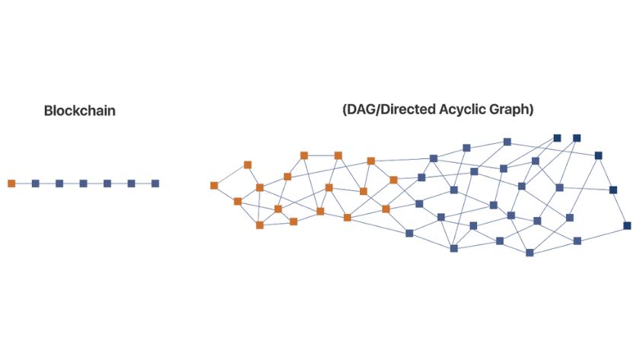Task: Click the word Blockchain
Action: pyautogui.click(x=80, y=111)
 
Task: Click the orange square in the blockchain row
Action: pyautogui.click(x=11, y=183)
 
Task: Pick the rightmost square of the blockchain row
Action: pyautogui.click(x=155, y=183)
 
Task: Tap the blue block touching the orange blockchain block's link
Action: pyautogui.click(x=36, y=183)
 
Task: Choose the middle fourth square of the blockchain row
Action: pyautogui.click(x=84, y=183)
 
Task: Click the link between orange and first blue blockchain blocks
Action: pyautogui.click(x=24, y=183)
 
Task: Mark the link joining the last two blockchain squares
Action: pyautogui.click(x=143, y=183)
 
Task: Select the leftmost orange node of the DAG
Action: pyautogui.click(x=214, y=185)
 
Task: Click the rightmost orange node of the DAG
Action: pyautogui.click(x=393, y=180)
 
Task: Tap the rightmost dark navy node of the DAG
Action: pyautogui.click(x=627, y=225)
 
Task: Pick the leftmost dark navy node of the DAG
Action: pyautogui.click(x=557, y=139)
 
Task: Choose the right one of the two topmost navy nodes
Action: pyautogui.click(x=577, y=138)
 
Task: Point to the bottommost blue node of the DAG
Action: pyautogui.click(x=529, y=253)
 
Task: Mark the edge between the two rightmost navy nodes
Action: pyautogui.click(x=621, y=208)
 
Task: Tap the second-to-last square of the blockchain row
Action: pyautogui.click(x=132, y=183)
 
